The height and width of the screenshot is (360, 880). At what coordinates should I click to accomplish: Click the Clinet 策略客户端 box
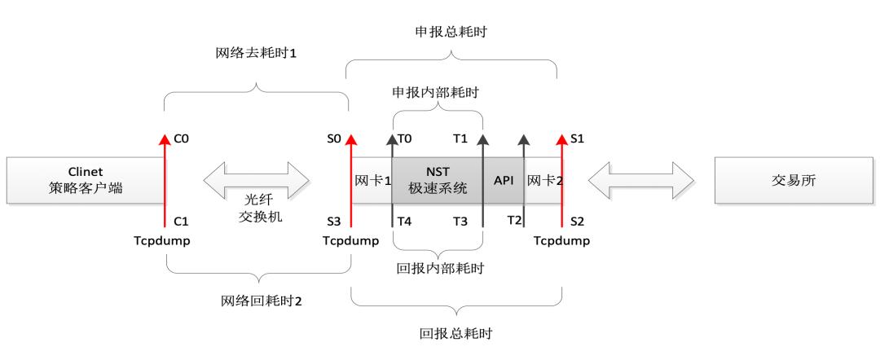tap(86, 180)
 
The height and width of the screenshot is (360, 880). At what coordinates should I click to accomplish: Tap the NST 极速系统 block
tap(438, 180)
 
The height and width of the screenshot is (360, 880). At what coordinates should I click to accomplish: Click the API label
tap(503, 180)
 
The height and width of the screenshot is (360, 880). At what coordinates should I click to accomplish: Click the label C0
tap(181, 139)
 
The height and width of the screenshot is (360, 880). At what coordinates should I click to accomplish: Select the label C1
tap(181, 221)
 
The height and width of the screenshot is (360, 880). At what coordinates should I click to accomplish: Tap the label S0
tap(334, 139)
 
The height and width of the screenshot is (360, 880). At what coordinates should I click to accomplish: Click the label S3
tap(334, 221)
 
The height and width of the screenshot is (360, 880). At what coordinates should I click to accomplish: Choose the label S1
tap(577, 139)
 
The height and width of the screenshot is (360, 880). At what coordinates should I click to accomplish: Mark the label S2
tap(577, 221)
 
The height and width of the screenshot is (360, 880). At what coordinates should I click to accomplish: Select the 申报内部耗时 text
tap(438, 93)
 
